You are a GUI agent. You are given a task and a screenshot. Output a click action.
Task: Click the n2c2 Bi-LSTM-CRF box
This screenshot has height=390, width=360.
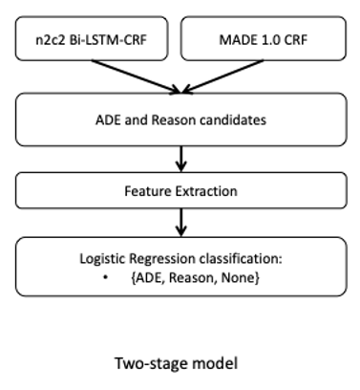92,41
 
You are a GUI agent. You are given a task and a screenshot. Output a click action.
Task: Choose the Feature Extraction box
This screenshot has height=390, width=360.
180,190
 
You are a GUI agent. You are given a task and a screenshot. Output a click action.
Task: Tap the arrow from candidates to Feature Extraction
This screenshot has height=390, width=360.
180,157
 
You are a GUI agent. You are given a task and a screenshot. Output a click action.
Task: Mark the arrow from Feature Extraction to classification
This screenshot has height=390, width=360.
180,223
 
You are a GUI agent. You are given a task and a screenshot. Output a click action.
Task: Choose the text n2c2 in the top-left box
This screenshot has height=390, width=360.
54,41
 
